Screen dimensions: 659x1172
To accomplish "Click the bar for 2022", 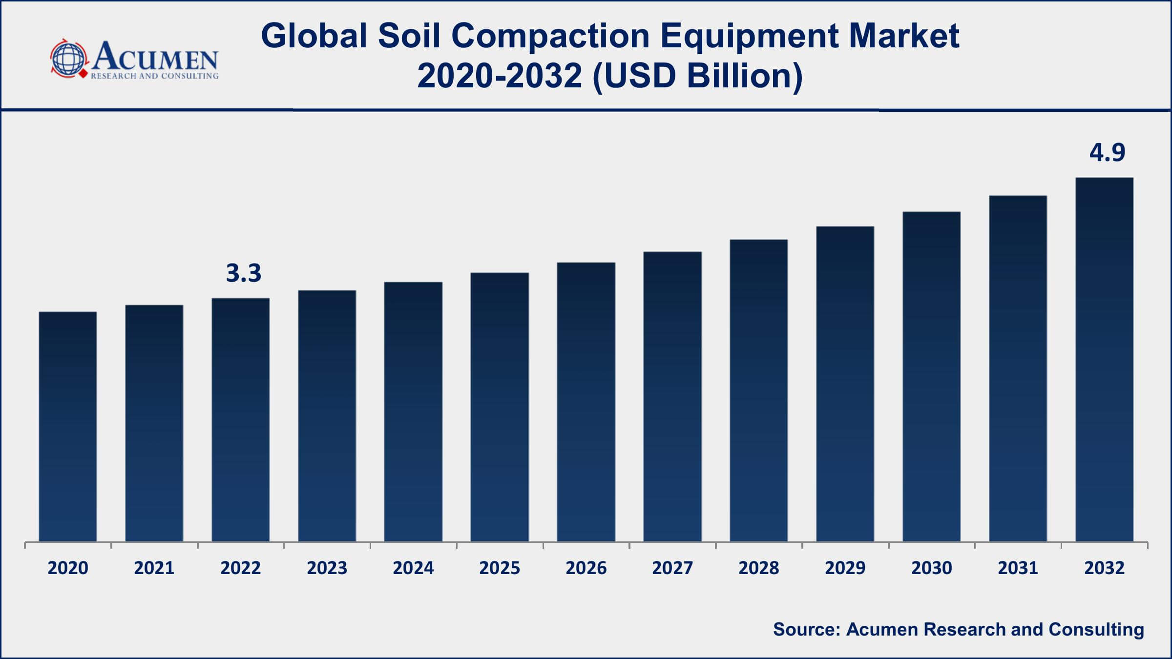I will pos(240,419).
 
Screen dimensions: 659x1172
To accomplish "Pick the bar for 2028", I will pos(758,390).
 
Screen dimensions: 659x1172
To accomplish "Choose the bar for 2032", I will pos(1104,359).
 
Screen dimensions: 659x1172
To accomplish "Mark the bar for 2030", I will pos(931,376).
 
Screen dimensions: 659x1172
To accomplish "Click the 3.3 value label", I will pos(244,273).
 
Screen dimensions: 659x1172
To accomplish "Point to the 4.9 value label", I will pos(1108,153).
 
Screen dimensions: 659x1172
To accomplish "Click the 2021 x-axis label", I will pos(154,568).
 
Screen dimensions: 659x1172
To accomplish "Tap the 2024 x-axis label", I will pos(413,568).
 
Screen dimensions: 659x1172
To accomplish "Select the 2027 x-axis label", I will pos(672,568).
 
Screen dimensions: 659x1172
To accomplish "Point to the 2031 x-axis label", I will pos(1018,568).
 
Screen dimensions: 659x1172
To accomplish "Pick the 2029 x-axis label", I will pos(845,568).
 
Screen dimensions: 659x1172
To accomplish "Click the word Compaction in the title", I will pos(550,36).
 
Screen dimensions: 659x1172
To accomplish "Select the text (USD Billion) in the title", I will pos(697,76).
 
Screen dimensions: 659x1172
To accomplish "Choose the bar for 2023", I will pos(327,415).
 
